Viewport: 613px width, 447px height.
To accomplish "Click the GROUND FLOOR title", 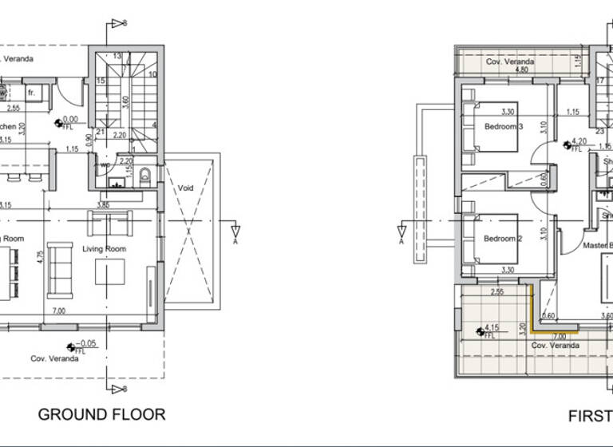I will point(101,414).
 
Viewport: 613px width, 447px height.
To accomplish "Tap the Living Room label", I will point(105,249).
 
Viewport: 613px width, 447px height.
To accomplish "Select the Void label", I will point(187,188).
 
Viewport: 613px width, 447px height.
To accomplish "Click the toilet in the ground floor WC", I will point(145,175).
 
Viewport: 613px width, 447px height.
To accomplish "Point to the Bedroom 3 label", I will point(503,126).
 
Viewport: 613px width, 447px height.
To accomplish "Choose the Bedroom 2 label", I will point(503,239).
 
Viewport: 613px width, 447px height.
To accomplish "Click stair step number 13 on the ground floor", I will point(117,55).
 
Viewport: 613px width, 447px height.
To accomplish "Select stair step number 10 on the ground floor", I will point(152,74).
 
